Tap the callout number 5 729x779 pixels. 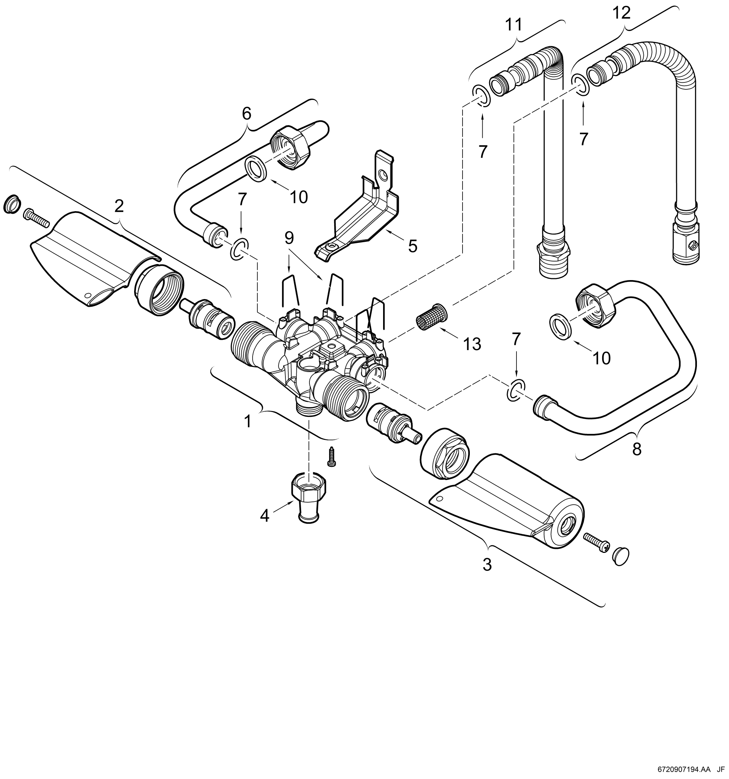(413, 247)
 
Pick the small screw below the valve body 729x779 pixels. (332, 457)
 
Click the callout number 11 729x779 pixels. (514, 25)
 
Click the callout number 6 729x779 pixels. (246, 114)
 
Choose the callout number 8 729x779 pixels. (637, 449)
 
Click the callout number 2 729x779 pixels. (119, 206)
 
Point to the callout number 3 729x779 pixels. (487, 565)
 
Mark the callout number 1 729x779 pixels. (247, 422)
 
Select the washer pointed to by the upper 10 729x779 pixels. (257, 169)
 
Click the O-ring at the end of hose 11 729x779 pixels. (480, 96)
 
